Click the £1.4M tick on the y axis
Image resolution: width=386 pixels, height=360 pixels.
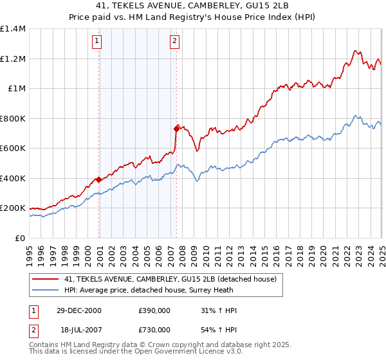click(13, 29)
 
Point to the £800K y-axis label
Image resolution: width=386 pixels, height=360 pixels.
click(13, 118)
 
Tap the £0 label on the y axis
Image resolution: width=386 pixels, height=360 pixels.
click(19, 238)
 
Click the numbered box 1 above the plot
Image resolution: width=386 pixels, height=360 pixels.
click(96, 42)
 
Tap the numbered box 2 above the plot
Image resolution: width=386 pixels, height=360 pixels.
click(174, 42)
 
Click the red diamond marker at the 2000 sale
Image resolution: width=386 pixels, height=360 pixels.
click(99, 180)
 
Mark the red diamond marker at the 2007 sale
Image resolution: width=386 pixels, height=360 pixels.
click(176, 129)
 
